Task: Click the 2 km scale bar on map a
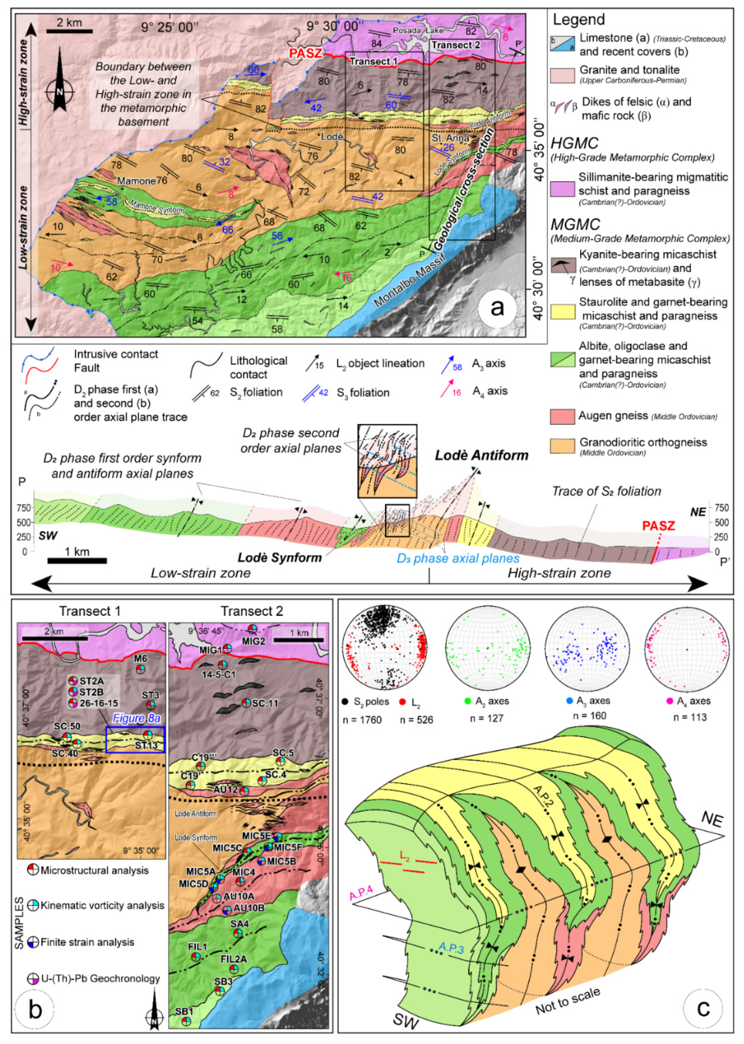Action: click(x=70, y=31)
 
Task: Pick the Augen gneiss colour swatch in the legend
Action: click(x=562, y=416)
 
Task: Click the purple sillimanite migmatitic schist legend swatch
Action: click(x=562, y=189)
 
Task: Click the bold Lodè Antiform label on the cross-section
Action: click(x=481, y=455)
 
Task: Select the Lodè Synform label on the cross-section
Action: click(x=279, y=557)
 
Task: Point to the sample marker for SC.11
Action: click(x=246, y=703)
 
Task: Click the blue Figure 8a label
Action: click(x=136, y=718)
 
